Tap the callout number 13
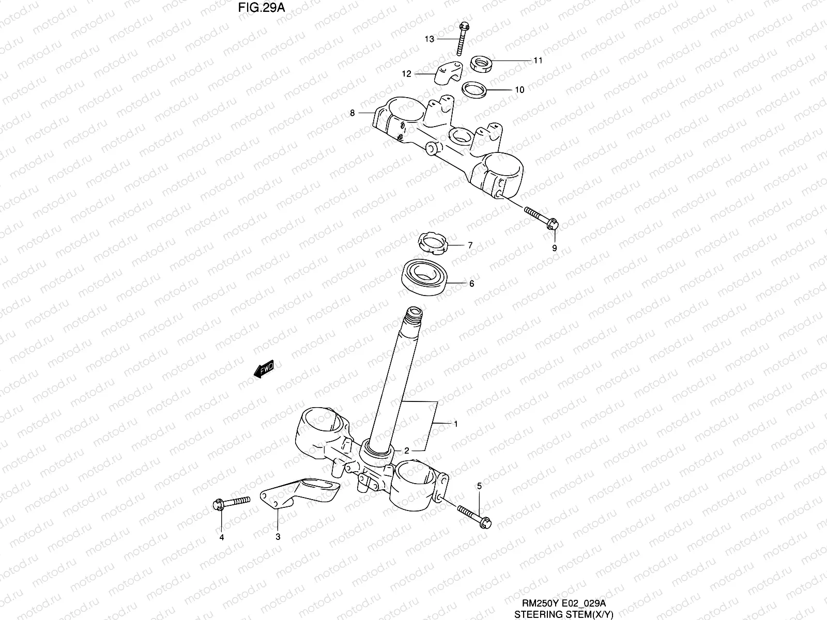point(430,39)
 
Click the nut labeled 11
point(481,65)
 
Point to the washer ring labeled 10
point(476,89)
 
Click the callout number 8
point(353,113)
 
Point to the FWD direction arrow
point(264,369)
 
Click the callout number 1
point(455,424)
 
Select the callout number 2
point(407,451)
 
